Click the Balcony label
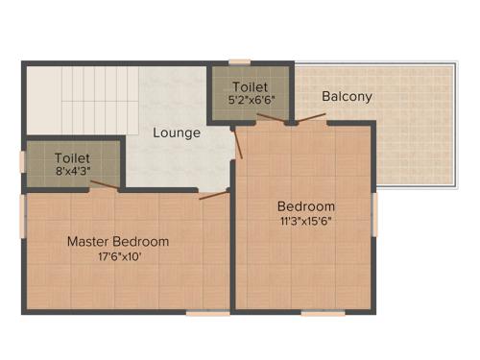click(x=347, y=97)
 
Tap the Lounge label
click(x=177, y=132)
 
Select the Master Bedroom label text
click(x=118, y=241)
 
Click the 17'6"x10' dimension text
click(x=118, y=256)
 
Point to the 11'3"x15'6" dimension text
click(x=306, y=222)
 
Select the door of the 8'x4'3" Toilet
click(x=105, y=185)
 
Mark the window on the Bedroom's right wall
click(x=374, y=214)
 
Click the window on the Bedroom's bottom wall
click(x=323, y=313)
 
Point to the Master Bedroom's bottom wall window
click(x=207, y=313)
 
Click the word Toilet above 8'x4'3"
click(x=72, y=157)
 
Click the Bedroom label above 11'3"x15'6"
click(x=306, y=206)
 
